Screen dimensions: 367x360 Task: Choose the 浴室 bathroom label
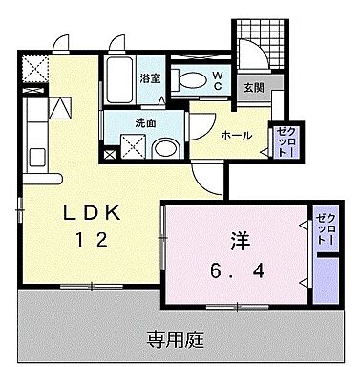tap(151, 79)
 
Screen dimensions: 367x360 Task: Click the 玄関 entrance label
tap(253, 89)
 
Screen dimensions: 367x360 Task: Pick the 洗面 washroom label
tap(145, 123)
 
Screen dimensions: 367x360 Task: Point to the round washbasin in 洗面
tap(164, 148)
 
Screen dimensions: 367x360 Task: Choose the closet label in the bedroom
tap(326, 229)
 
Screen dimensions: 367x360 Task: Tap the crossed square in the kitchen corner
tap(37, 69)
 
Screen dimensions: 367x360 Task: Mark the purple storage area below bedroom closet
tap(326, 279)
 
